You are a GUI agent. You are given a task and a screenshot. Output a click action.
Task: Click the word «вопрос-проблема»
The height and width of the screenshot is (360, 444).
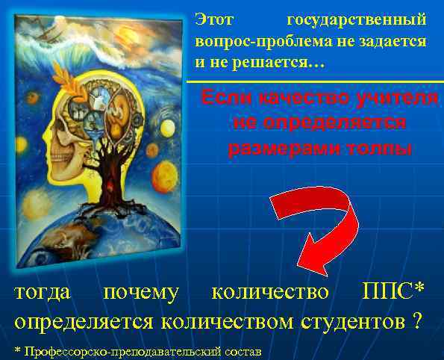(x=242, y=42)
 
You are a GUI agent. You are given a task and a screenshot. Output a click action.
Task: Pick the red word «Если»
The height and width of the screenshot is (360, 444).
(x=227, y=99)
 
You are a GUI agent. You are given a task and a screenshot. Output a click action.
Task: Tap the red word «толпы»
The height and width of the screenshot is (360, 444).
(x=381, y=147)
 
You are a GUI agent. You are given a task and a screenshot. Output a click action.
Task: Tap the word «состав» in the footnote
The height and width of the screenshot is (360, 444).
(x=243, y=350)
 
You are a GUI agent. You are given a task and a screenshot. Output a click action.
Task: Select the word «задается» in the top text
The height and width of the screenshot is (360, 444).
(x=396, y=42)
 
